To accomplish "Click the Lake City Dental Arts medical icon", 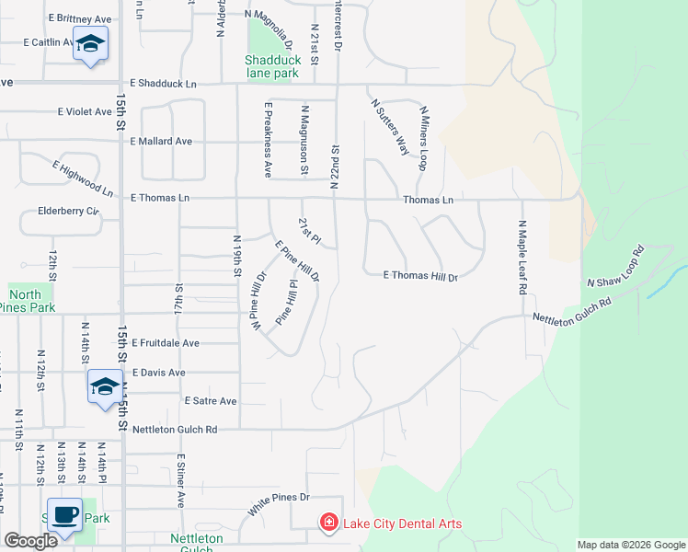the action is (x=327, y=523).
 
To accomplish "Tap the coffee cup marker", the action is (x=63, y=515).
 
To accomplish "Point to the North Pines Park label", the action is (x=31, y=301).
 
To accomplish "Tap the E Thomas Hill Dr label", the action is (x=420, y=275).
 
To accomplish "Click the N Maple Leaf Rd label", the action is (x=522, y=257).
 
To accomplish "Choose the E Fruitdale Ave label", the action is (x=166, y=342).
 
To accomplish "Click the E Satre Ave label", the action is (x=211, y=401).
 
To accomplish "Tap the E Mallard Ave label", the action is (x=161, y=142).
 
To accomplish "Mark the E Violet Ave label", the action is (x=85, y=112).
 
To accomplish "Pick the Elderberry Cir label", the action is (x=68, y=211).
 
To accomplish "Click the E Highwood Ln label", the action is (x=83, y=178).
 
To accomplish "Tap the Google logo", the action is (x=30, y=541).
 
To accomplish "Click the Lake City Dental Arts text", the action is (x=402, y=524).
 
